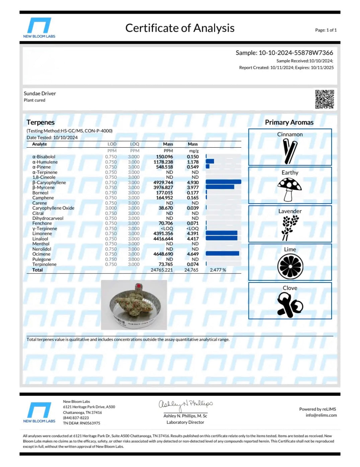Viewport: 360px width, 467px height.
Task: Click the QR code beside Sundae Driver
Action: pyautogui.click(x=324, y=99)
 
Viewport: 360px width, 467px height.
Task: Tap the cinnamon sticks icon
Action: pyautogui.click(x=290, y=151)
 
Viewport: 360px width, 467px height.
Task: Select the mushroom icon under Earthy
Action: pyautogui.click(x=289, y=189)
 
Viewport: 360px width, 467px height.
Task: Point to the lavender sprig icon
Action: pyautogui.click(x=289, y=228)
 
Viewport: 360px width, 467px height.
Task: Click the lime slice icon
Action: pyautogui.click(x=290, y=266)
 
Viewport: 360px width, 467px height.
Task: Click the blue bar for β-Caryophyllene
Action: pyautogui.click(x=223, y=182)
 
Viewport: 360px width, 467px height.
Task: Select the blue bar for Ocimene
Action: pyautogui.click(x=222, y=254)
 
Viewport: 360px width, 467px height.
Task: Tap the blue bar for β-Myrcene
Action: pyautogui.click(x=220, y=187)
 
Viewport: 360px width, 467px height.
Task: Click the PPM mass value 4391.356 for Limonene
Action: pyautogui.click(x=163, y=234)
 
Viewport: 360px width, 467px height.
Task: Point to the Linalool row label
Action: pyautogui.click(x=40, y=239)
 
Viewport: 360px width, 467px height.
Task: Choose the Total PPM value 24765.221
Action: pyautogui.click(x=161, y=270)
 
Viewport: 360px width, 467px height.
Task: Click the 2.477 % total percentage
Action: pyautogui.click(x=218, y=270)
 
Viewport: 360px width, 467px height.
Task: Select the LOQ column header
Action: pyautogui.click(x=134, y=144)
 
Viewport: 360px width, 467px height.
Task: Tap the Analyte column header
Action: pyautogui.click(x=40, y=144)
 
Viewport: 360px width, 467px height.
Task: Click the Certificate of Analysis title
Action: pyautogui.click(x=180, y=28)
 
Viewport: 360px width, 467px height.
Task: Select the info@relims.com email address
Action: pyautogui.click(x=321, y=415)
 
